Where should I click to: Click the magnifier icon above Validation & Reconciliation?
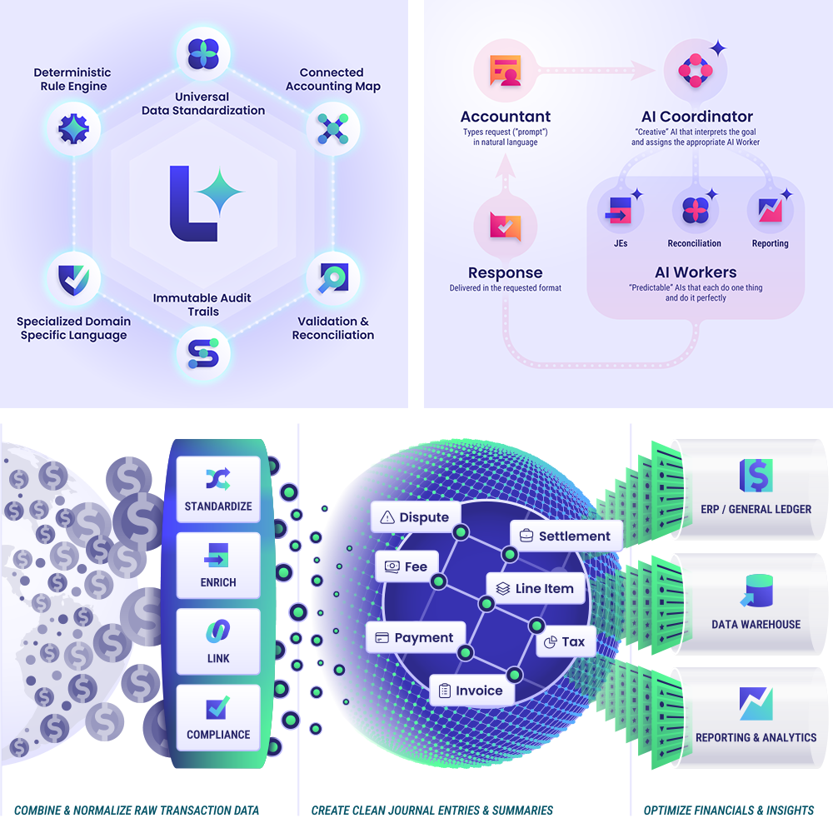[333, 277]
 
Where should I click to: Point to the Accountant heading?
[506, 117]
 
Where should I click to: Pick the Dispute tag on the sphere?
[415, 517]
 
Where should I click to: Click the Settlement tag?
[566, 536]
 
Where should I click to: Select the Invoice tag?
[471, 691]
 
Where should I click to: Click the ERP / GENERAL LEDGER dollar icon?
[756, 475]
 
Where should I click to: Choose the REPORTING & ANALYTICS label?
[756, 737]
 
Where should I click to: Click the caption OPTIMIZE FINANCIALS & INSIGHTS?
[729, 810]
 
